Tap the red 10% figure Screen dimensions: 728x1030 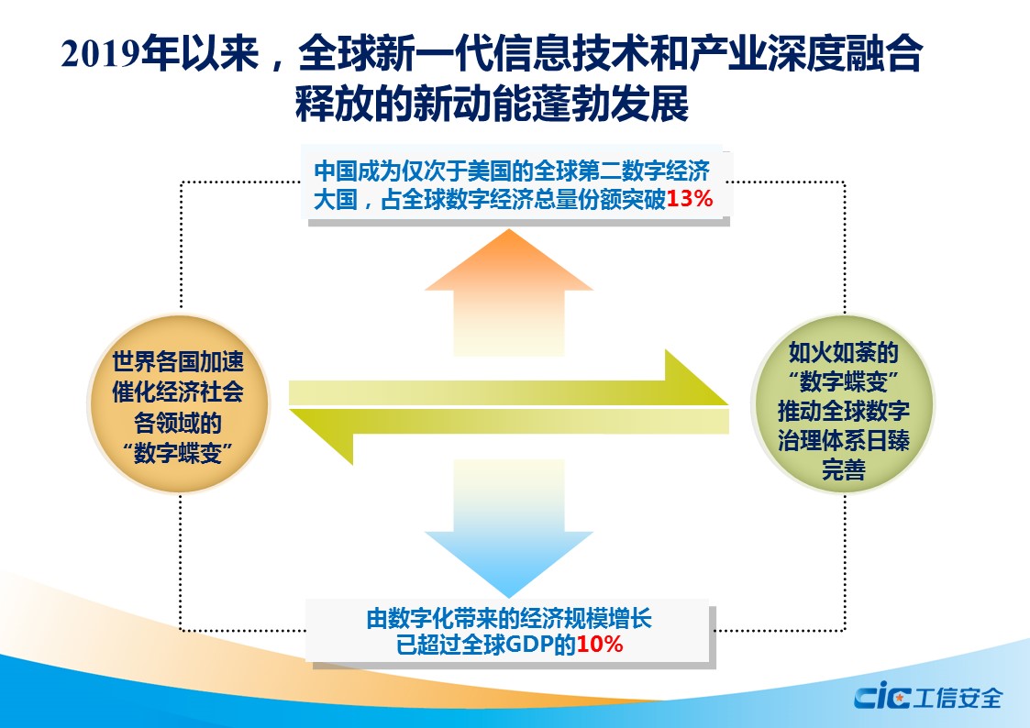[600, 645]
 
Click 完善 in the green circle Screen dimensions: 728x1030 [843, 472]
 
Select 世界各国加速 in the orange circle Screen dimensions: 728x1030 [178, 362]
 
